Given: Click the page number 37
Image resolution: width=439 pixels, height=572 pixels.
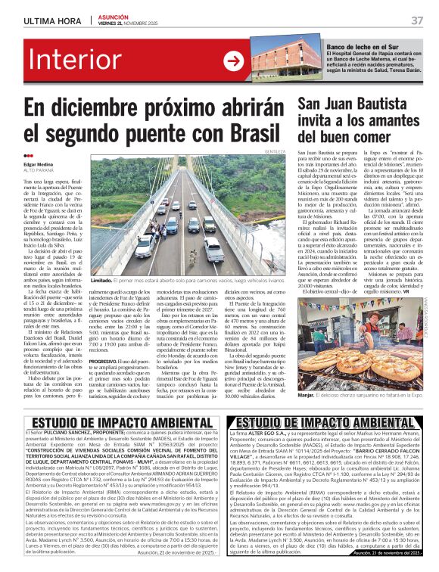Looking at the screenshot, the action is (417, 20).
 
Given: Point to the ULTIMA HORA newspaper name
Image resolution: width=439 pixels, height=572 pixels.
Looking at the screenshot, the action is (52, 20).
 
